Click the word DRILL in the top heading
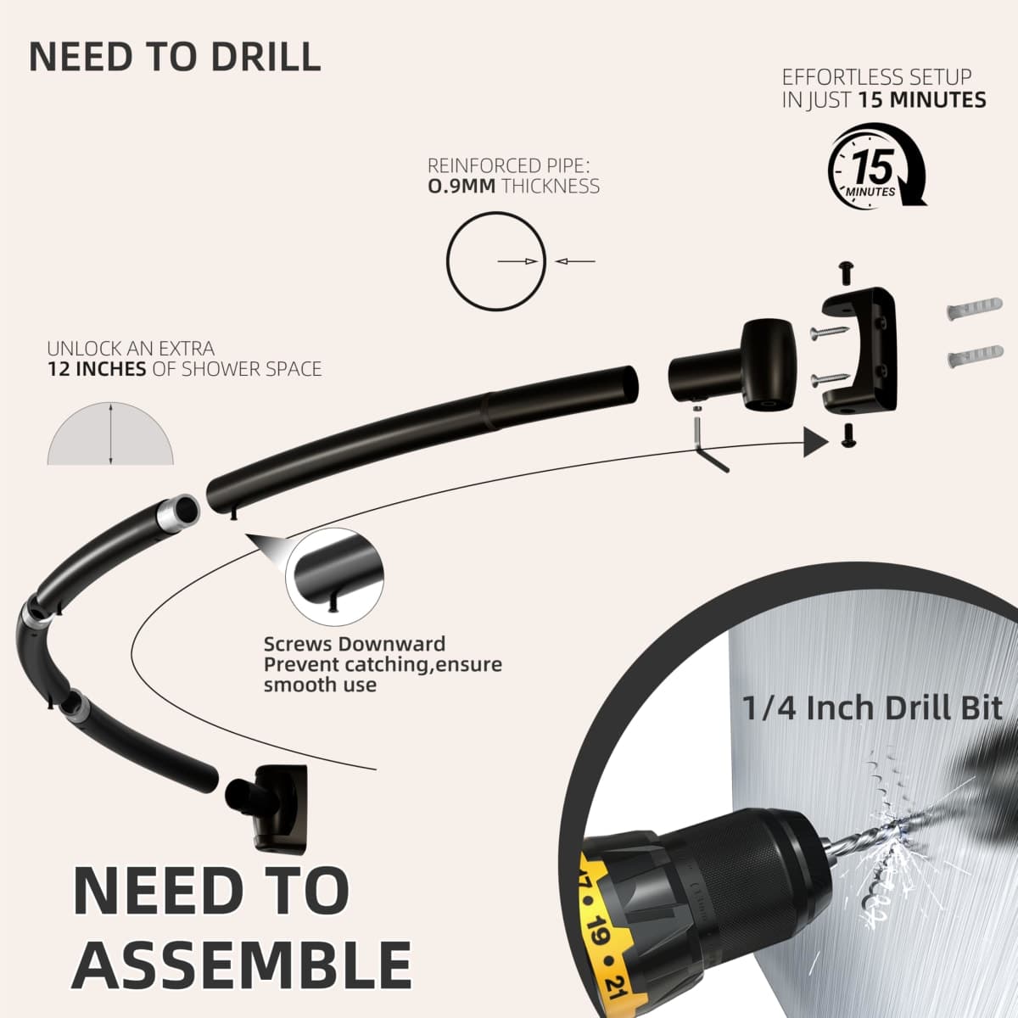point(266,57)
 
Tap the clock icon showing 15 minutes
point(876,165)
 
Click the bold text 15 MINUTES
point(921,100)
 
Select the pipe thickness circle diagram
point(495,261)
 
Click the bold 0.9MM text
point(461,187)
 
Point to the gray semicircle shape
point(110,434)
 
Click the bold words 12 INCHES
point(97,369)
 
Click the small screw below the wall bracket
point(847,435)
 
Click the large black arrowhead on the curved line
point(814,442)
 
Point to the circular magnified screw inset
point(334,576)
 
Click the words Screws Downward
point(355,644)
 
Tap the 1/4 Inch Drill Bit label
point(872,708)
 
